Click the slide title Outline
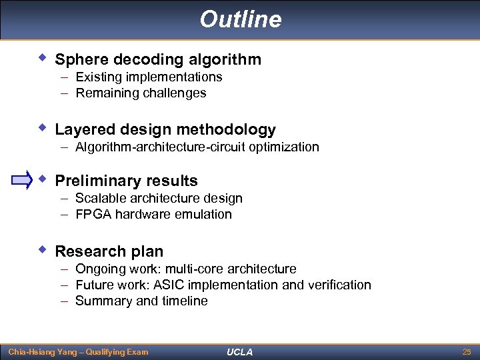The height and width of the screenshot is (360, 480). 240,19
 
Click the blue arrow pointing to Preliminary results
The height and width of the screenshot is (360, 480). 22,180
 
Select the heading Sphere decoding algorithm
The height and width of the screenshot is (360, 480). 158,59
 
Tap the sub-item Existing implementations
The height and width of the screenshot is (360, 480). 149,77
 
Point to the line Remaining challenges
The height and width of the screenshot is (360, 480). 141,93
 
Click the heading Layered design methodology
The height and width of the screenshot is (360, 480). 165,129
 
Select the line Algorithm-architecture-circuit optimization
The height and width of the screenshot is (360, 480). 197,147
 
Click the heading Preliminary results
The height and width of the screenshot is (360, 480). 126,181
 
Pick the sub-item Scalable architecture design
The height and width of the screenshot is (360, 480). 159,198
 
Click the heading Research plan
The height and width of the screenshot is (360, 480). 109,251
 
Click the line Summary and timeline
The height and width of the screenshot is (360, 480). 141,301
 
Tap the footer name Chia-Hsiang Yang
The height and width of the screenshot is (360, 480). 43,351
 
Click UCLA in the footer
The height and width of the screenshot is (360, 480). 239,351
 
